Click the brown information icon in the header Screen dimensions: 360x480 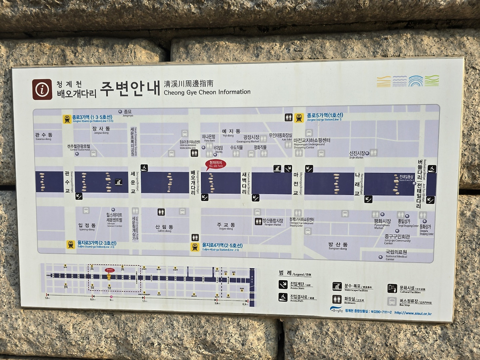42,89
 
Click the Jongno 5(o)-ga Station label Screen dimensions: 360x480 325,117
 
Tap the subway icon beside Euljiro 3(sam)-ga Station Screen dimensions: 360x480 70,244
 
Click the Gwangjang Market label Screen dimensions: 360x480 251,139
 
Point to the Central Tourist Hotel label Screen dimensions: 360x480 79,147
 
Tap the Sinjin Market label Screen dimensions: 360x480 357,154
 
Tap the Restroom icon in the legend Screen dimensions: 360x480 337,299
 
